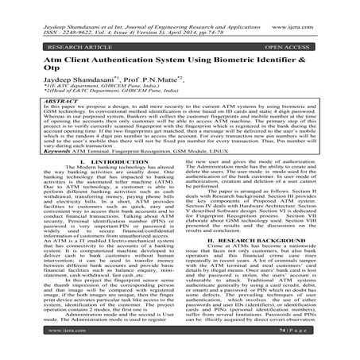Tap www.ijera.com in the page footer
coord(40,347)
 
